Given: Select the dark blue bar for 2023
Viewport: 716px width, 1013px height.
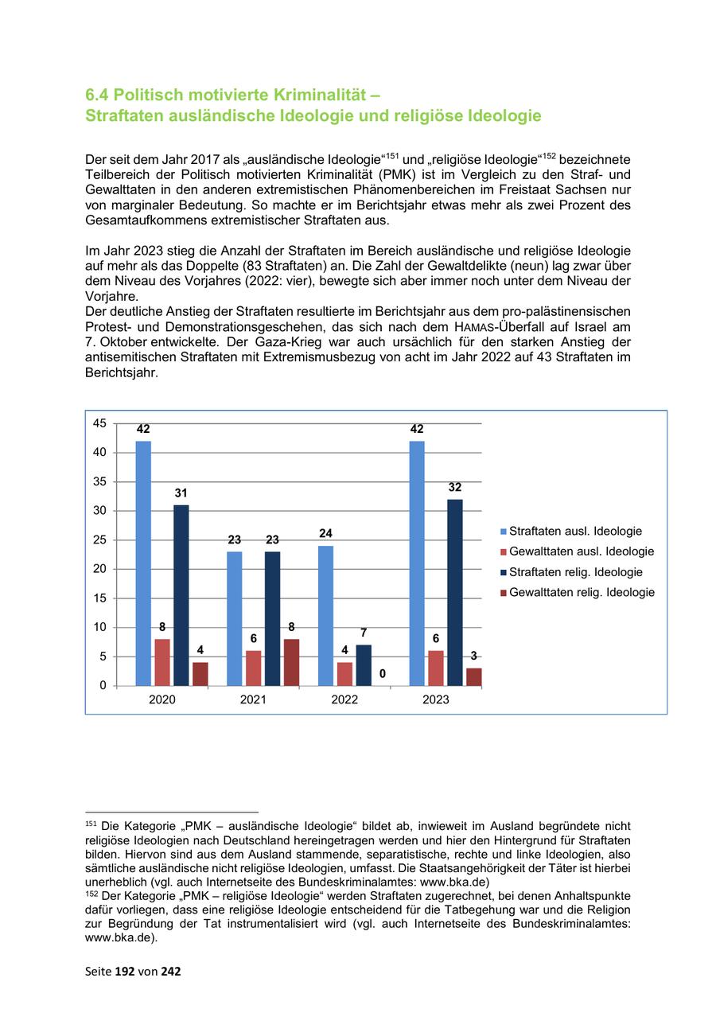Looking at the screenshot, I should [455, 592].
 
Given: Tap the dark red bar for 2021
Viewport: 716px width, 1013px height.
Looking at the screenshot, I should [291, 662].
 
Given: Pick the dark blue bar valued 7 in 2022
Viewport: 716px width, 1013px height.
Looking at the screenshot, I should [364, 665].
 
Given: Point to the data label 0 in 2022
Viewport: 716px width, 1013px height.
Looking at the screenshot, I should [383, 674].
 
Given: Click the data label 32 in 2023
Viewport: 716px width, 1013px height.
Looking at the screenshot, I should [455, 487].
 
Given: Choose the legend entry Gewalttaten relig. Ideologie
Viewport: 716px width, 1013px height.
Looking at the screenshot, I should [582, 593].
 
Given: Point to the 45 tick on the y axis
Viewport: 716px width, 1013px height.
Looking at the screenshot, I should [99, 423].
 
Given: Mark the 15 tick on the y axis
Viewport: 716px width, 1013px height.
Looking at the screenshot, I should [99, 598].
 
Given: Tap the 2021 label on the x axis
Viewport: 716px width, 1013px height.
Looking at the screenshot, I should [253, 700].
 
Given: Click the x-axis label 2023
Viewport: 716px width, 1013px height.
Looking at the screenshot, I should [435, 700].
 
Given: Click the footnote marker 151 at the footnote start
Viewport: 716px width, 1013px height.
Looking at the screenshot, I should [90, 823].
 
